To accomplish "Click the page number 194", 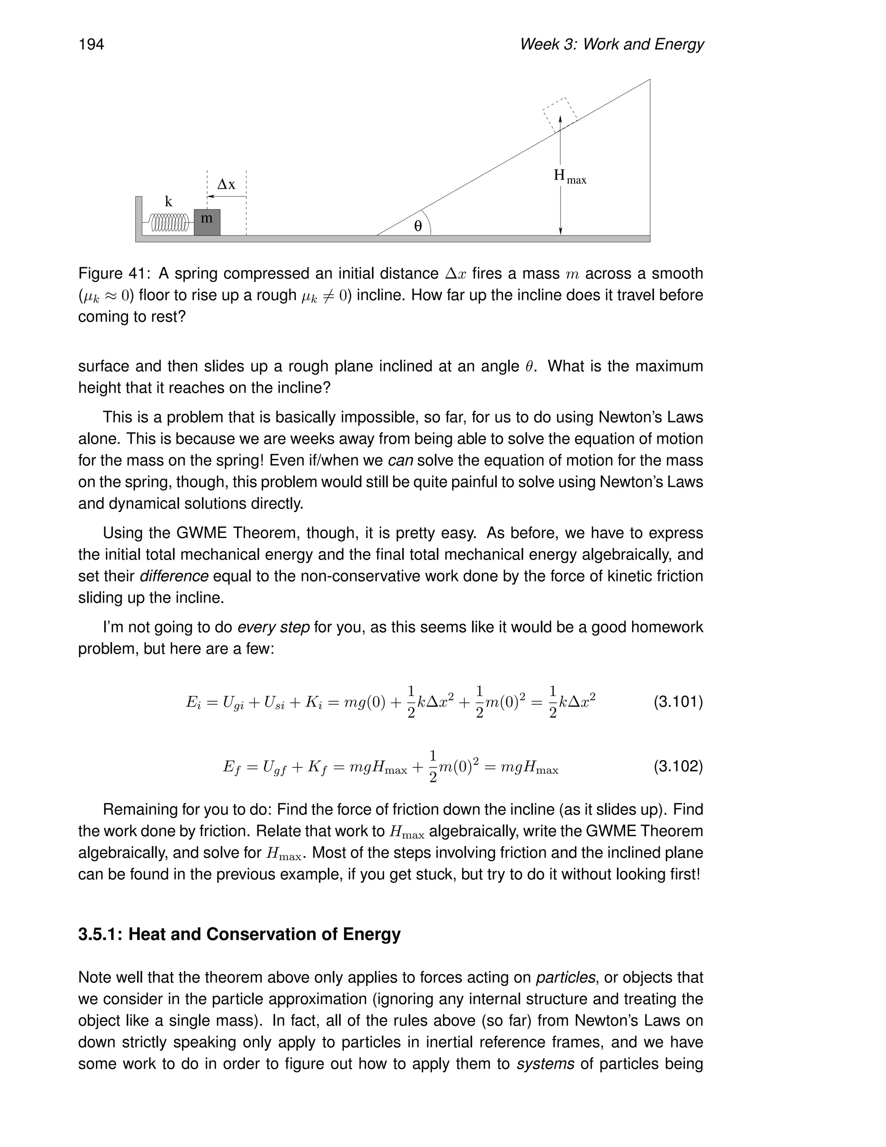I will point(91,45).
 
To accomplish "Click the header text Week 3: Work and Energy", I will point(611,45).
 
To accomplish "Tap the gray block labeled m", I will point(207,222).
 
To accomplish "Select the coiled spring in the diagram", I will point(169,222).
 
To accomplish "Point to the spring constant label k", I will point(168,202).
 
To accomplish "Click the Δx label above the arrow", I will point(226,185).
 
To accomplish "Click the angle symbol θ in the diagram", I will point(418,226).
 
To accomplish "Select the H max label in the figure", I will point(569,177).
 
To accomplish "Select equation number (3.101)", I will point(677,702).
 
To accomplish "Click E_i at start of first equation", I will point(193,702).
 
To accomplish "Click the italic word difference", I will point(174,576).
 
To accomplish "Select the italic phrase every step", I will point(273,627).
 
